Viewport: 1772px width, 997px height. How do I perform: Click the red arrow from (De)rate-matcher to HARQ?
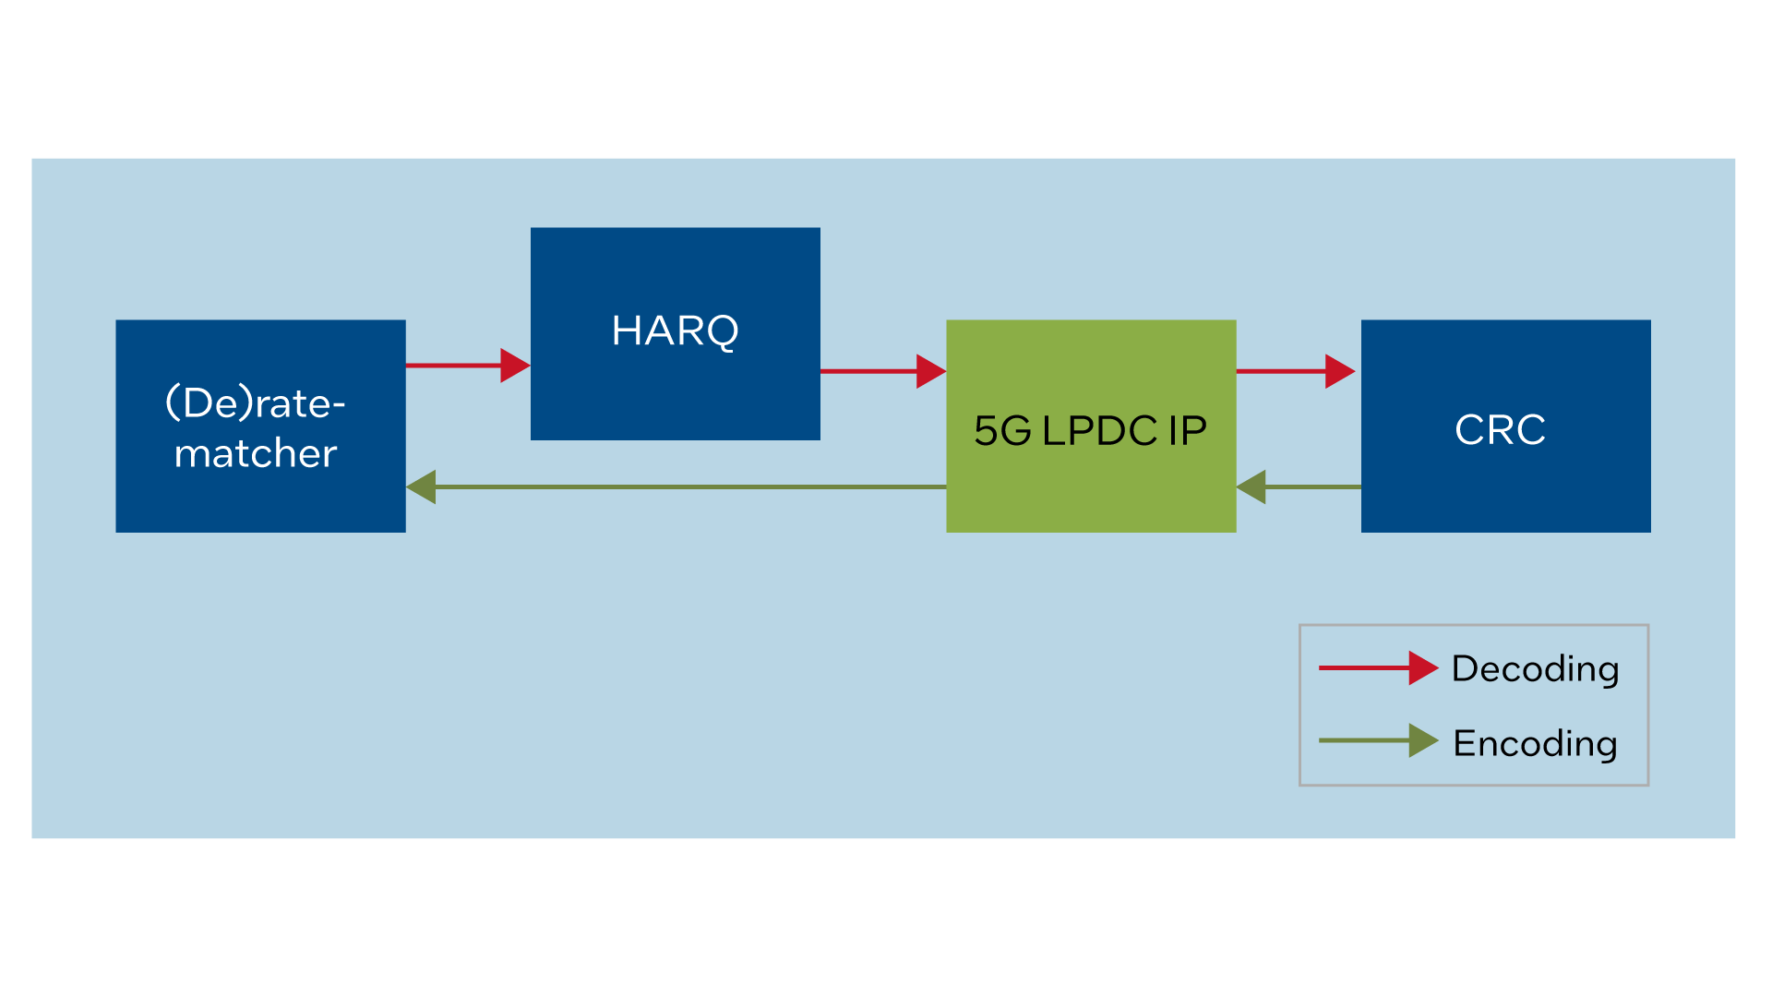tap(466, 366)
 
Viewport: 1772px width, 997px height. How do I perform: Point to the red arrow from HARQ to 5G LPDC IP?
tap(881, 371)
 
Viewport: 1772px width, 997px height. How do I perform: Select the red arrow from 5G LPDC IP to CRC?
tap(1294, 371)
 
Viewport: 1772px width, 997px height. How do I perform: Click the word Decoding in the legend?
tap(1535, 669)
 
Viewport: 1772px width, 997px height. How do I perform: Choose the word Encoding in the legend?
tap(1535, 744)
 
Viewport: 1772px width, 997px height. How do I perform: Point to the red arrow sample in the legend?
tap(1377, 667)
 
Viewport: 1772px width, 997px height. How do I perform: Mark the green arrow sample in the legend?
tap(1377, 740)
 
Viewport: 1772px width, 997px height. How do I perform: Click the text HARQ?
tap(675, 330)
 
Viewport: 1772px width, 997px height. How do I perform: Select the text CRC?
tap(1500, 430)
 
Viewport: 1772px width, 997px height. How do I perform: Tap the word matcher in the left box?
tap(256, 453)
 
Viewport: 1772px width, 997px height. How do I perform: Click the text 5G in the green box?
tap(1002, 431)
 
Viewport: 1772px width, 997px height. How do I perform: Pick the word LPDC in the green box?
tap(1099, 431)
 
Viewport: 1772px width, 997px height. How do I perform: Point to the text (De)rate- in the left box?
tap(255, 403)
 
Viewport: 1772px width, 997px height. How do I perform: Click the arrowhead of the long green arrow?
tap(421, 486)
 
